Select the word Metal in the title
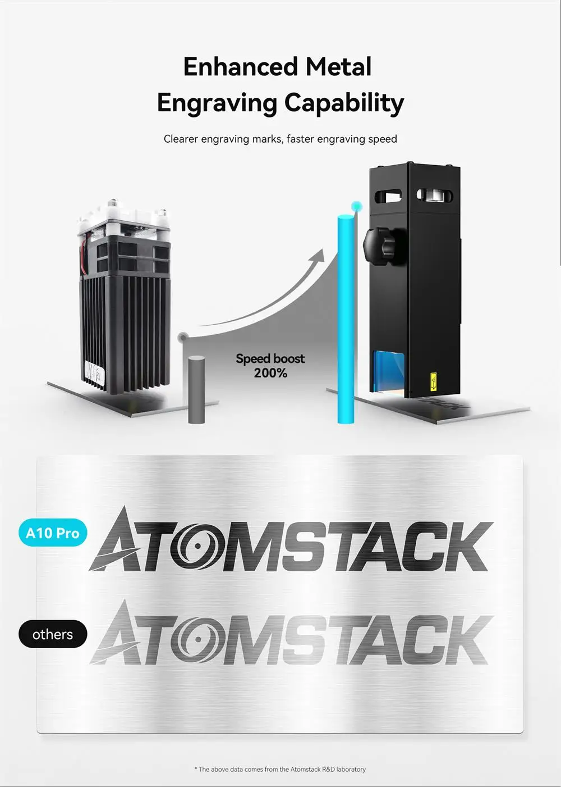(x=338, y=67)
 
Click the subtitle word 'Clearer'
(x=181, y=139)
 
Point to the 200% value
(x=270, y=373)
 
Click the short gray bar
(x=196, y=389)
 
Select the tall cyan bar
(x=346, y=320)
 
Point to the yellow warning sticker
(x=434, y=383)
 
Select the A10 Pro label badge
(x=53, y=533)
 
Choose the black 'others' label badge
(x=53, y=634)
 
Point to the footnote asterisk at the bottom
(x=196, y=769)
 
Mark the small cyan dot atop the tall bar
(x=355, y=206)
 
